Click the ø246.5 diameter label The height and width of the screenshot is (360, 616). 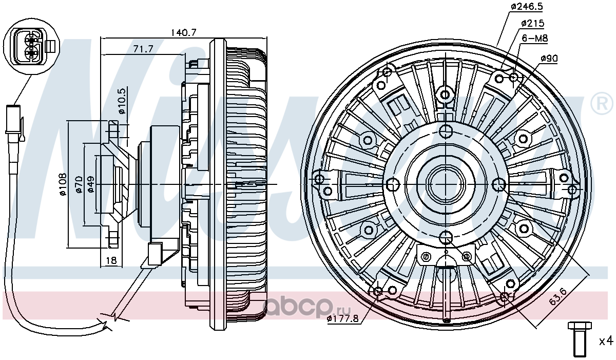coord(527,7)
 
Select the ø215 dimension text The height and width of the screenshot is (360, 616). coord(532,24)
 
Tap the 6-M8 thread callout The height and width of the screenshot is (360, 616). coord(534,38)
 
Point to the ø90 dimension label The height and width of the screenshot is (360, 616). coord(549,59)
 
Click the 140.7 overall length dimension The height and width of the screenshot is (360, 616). coord(184,33)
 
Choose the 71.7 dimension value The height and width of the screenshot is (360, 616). coord(143,49)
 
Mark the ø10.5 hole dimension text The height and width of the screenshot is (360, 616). coord(122,101)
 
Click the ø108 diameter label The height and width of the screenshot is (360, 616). coord(63,184)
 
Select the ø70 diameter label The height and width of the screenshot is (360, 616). coord(80,184)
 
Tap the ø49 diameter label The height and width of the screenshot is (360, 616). coord(90,184)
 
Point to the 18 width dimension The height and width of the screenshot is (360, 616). coord(111,260)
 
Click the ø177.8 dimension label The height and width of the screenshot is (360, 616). coord(343,318)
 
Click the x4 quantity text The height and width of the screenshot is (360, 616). coord(606,342)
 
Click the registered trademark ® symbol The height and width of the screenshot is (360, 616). coord(602,103)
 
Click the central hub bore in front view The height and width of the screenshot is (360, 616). coord(446,183)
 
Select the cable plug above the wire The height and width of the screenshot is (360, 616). coord(14,122)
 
